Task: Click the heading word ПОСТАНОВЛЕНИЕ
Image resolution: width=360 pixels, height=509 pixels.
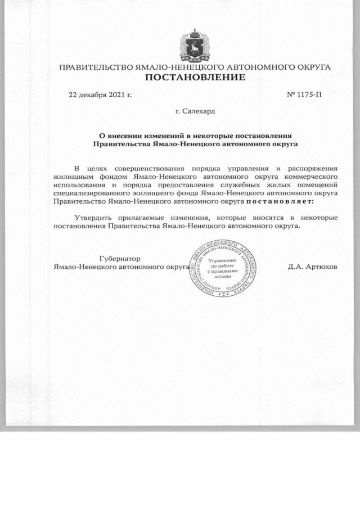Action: tap(195, 77)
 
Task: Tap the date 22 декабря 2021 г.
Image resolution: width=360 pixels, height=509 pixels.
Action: tap(100, 94)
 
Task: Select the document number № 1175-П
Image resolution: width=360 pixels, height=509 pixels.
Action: tap(304, 94)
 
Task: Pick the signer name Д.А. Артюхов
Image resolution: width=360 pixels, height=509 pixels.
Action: tap(312, 267)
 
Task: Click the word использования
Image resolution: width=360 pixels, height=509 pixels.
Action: tap(80, 184)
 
